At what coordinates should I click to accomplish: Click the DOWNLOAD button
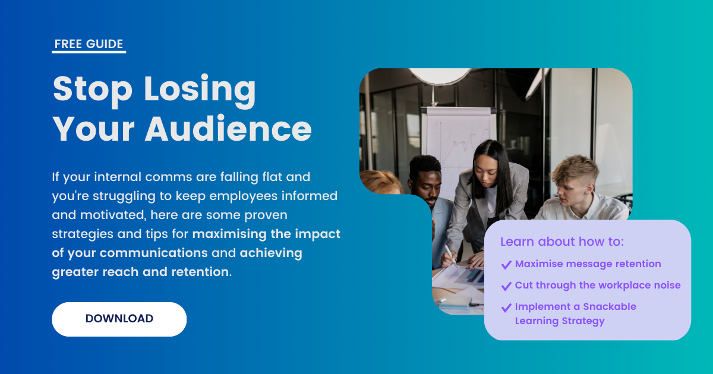tap(119, 319)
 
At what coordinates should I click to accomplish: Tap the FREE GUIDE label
tap(89, 44)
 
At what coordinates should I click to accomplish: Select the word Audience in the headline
tap(228, 128)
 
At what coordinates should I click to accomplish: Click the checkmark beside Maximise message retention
tap(506, 265)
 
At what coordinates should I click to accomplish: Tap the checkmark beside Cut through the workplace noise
tap(506, 286)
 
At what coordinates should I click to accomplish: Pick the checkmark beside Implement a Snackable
tap(506, 308)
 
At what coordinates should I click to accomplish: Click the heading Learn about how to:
tap(562, 242)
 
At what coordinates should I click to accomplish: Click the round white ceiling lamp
tap(440, 76)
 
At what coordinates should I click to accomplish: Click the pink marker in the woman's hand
tap(450, 256)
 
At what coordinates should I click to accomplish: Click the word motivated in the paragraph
tap(113, 215)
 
